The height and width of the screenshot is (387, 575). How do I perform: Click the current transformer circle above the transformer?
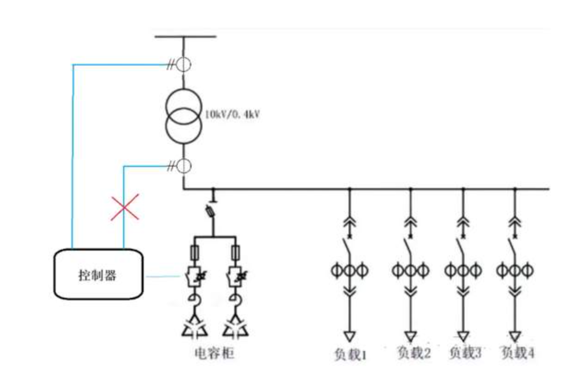pos(184,64)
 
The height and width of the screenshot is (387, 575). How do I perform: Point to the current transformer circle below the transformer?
pos(184,165)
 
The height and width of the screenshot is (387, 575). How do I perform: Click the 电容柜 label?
pos(214,353)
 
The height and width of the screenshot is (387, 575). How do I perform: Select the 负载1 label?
pos(350,354)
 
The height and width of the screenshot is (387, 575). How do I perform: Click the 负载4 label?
pos(518,353)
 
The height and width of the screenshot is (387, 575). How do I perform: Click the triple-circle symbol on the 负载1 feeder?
pos(349,270)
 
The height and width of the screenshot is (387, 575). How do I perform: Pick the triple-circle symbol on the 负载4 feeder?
pos(515,270)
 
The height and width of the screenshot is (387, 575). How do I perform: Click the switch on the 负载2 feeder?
pos(409,244)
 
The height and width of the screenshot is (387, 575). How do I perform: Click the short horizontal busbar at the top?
pos(185,36)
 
